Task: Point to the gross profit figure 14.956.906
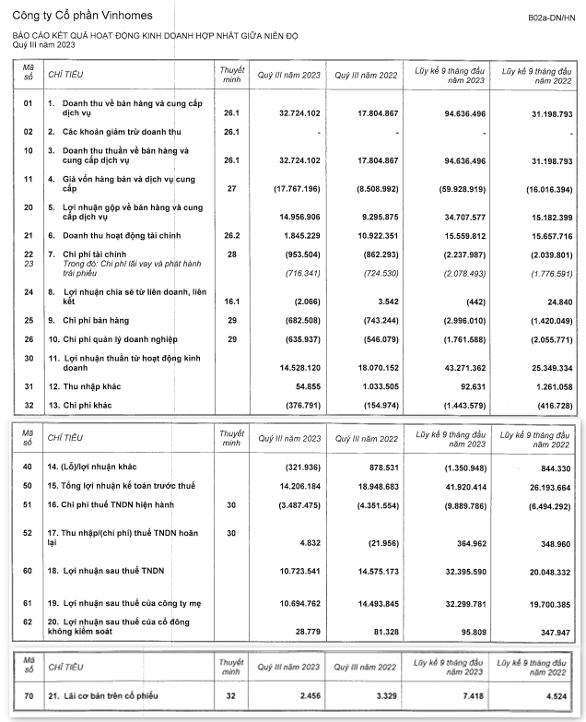pos(297,217)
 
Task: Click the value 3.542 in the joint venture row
pos(386,301)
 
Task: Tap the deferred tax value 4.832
pos(307,543)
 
